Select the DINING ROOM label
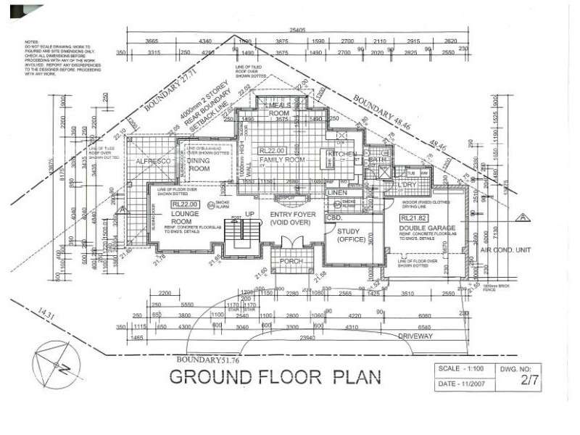(x=199, y=165)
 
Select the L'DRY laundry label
(x=407, y=185)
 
